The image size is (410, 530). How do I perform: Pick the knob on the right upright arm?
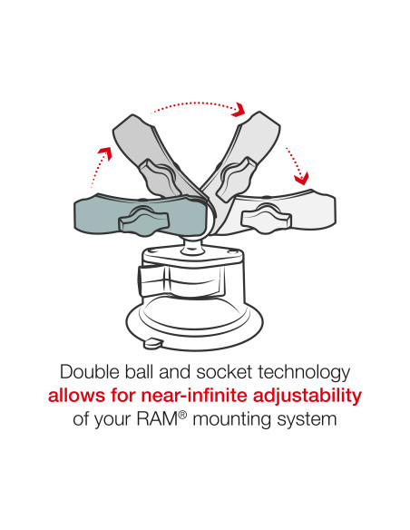pyautogui.click(x=245, y=168)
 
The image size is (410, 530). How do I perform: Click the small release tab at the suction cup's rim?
pyautogui.click(x=152, y=343)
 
